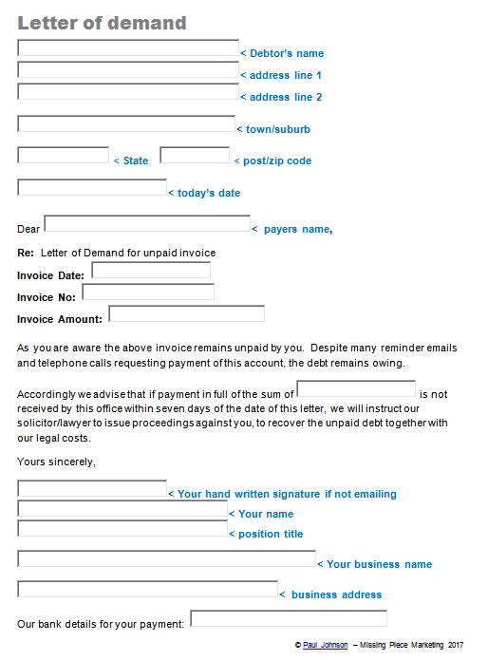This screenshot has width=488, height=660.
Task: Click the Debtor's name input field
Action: (x=128, y=48)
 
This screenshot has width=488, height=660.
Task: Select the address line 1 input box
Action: (x=128, y=70)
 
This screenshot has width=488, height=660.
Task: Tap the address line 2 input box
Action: (x=128, y=92)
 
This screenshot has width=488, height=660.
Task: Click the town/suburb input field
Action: (x=126, y=124)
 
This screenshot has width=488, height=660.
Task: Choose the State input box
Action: (x=64, y=156)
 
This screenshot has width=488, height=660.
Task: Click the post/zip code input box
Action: (x=195, y=156)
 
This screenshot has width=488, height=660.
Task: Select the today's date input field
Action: (x=92, y=188)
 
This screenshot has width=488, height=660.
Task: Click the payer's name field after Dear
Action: (x=147, y=224)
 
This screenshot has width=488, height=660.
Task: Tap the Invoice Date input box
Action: (x=151, y=271)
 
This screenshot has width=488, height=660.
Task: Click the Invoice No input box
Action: (x=148, y=292)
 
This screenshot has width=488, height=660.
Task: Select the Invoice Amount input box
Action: (x=187, y=314)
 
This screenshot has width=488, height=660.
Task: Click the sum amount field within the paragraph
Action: (x=356, y=389)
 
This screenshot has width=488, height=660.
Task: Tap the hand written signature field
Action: (x=92, y=489)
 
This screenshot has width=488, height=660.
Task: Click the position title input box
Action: (x=122, y=529)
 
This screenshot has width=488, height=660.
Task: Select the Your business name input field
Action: (x=166, y=559)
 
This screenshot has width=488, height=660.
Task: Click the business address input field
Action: (x=147, y=590)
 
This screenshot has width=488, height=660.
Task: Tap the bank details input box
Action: (x=289, y=619)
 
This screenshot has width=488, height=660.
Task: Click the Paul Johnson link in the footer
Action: (x=326, y=645)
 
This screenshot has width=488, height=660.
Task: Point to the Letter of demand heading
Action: (x=102, y=23)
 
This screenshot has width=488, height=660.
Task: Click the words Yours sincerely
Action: (x=56, y=462)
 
